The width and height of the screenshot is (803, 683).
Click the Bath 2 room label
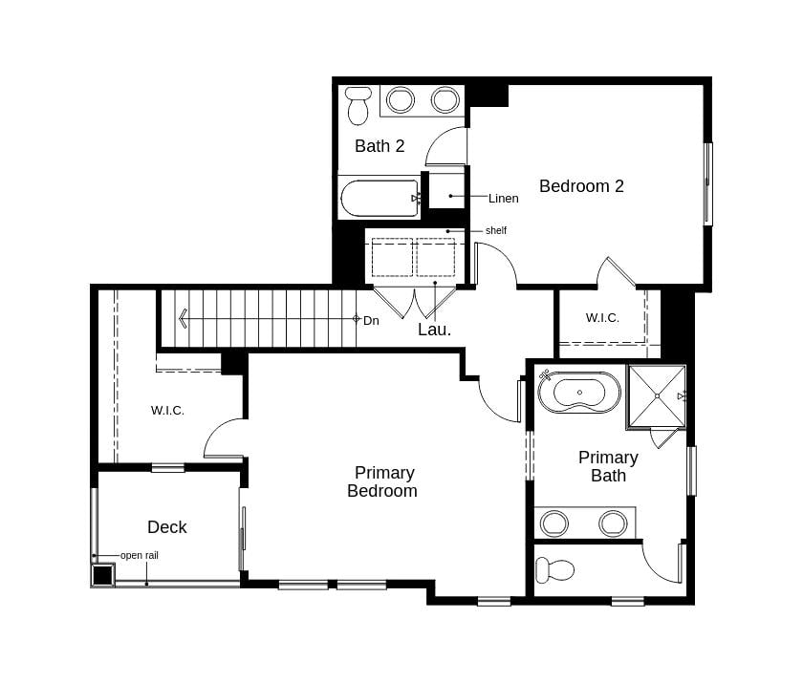click(x=380, y=146)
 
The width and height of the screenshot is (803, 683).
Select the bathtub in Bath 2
click(x=380, y=198)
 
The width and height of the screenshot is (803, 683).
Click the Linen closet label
click(x=503, y=199)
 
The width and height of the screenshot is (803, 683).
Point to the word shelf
click(x=495, y=230)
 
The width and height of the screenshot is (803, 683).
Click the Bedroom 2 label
click(x=581, y=186)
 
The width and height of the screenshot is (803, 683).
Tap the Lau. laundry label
click(x=434, y=330)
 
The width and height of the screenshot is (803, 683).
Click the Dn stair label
click(x=371, y=320)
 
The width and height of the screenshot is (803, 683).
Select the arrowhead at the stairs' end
click(x=182, y=318)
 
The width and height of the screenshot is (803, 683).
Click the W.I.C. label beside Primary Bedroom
click(x=167, y=411)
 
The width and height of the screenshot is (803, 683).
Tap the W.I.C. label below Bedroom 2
click(x=602, y=318)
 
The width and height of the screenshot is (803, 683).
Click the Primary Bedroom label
click(x=383, y=481)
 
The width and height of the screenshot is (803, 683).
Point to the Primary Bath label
click(x=608, y=466)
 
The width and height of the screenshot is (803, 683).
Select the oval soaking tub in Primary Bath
click(x=579, y=393)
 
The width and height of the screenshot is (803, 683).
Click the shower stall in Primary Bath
click(x=657, y=395)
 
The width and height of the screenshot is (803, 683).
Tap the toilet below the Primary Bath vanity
click(x=554, y=571)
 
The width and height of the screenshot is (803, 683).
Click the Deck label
click(x=166, y=527)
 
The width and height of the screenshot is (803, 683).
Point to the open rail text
click(x=139, y=555)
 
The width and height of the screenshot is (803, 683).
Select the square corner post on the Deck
click(x=102, y=576)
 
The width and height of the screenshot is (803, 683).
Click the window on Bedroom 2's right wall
click(x=708, y=184)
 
